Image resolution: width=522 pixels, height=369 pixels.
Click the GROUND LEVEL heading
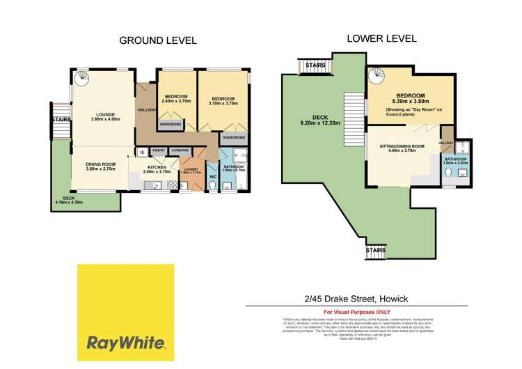click(158, 40)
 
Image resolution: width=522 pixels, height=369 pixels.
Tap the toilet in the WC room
click(214, 187)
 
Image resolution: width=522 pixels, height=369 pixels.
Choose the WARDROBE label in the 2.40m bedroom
click(171, 125)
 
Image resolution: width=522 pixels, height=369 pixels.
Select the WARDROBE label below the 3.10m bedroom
click(233, 138)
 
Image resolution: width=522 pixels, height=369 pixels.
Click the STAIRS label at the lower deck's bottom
click(376, 249)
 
